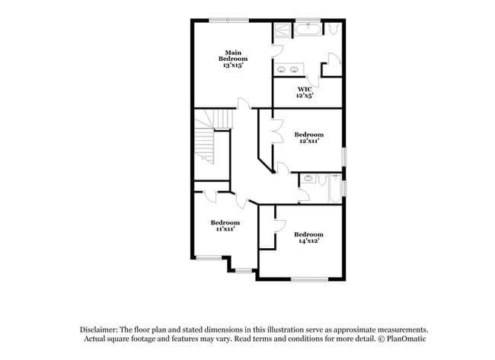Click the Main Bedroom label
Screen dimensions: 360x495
[x=233, y=56]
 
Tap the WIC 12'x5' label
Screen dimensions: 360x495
[x=305, y=92]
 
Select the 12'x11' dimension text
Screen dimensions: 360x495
[x=308, y=140]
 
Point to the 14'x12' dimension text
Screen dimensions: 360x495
[x=308, y=240]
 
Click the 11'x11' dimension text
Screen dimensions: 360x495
[x=225, y=228]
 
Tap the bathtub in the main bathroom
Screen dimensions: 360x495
[x=309, y=30]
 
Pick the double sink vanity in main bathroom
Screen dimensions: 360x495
[x=289, y=70]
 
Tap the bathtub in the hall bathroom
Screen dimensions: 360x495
[x=333, y=188]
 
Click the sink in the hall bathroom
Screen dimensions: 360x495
[x=308, y=179]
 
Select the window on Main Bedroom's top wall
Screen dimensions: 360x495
[x=229, y=20]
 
